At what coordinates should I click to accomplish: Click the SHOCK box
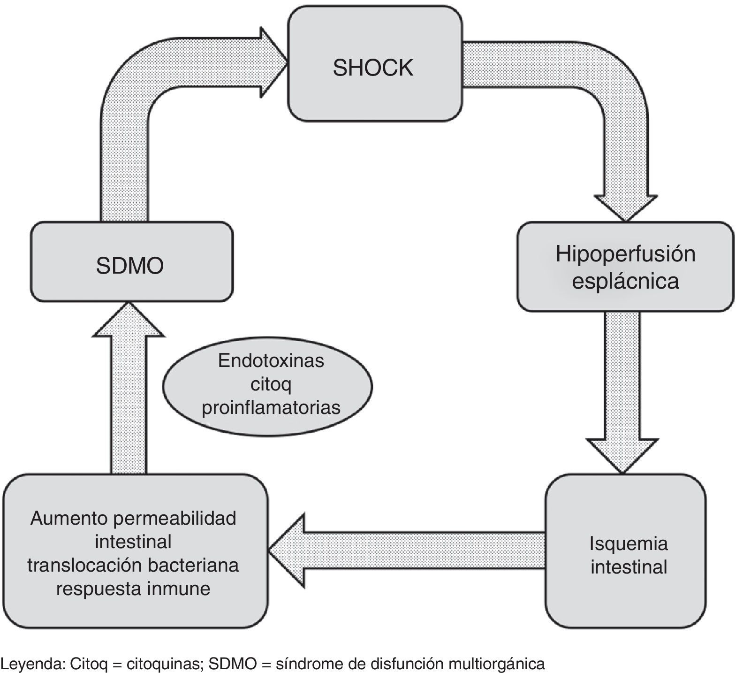tap(374, 69)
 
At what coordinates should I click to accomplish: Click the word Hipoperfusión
tap(625, 254)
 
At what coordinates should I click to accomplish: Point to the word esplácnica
tap(625, 281)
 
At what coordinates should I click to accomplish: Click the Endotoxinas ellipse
tap(268, 384)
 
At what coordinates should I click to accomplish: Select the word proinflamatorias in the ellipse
tap(271, 407)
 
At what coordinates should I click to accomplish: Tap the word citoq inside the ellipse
tap(271, 384)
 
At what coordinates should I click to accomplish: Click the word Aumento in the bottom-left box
tap(65, 519)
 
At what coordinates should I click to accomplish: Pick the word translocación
tap(84, 565)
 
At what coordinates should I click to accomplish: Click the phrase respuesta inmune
tap(133, 588)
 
